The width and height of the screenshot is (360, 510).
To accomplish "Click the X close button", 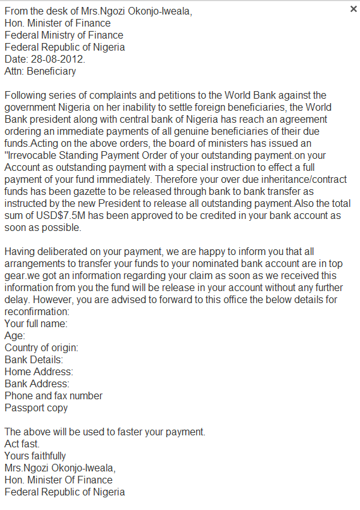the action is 353,9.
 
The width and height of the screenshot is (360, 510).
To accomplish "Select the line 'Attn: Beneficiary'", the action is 40,72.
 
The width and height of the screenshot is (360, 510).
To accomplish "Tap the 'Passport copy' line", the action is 36,408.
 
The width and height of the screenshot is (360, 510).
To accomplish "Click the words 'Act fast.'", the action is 22,444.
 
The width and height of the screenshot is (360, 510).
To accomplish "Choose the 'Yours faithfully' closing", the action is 35,456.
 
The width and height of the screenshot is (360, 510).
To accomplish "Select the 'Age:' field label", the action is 15,336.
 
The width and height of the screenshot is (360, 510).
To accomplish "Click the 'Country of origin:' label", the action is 41,348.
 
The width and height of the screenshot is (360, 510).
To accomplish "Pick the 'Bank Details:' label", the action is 34,360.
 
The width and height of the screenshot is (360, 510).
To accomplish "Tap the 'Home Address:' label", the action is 39,372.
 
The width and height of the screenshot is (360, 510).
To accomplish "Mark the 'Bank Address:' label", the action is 37,384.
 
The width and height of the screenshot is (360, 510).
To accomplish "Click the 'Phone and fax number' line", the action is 53,396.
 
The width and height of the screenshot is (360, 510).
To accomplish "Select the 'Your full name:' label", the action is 36,324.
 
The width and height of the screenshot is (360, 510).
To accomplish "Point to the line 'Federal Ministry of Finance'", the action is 64,35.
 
